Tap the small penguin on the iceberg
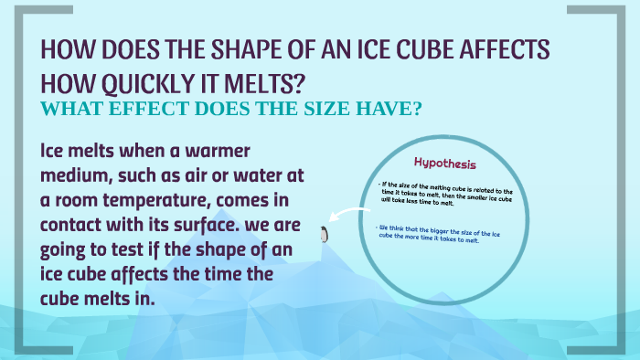322,236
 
